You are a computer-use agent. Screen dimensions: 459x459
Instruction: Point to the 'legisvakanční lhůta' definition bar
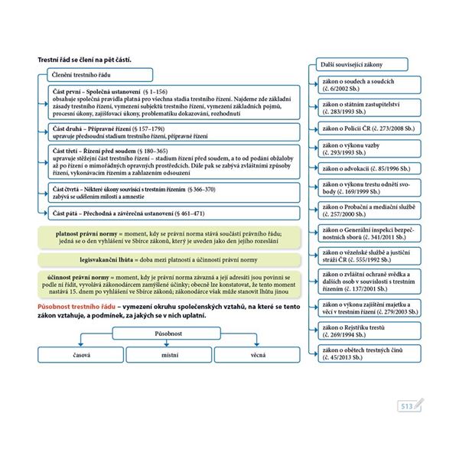[x=164, y=260]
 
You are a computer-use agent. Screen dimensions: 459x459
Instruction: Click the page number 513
[x=407, y=406]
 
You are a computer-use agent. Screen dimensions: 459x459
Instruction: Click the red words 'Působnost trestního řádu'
[x=81, y=306]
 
